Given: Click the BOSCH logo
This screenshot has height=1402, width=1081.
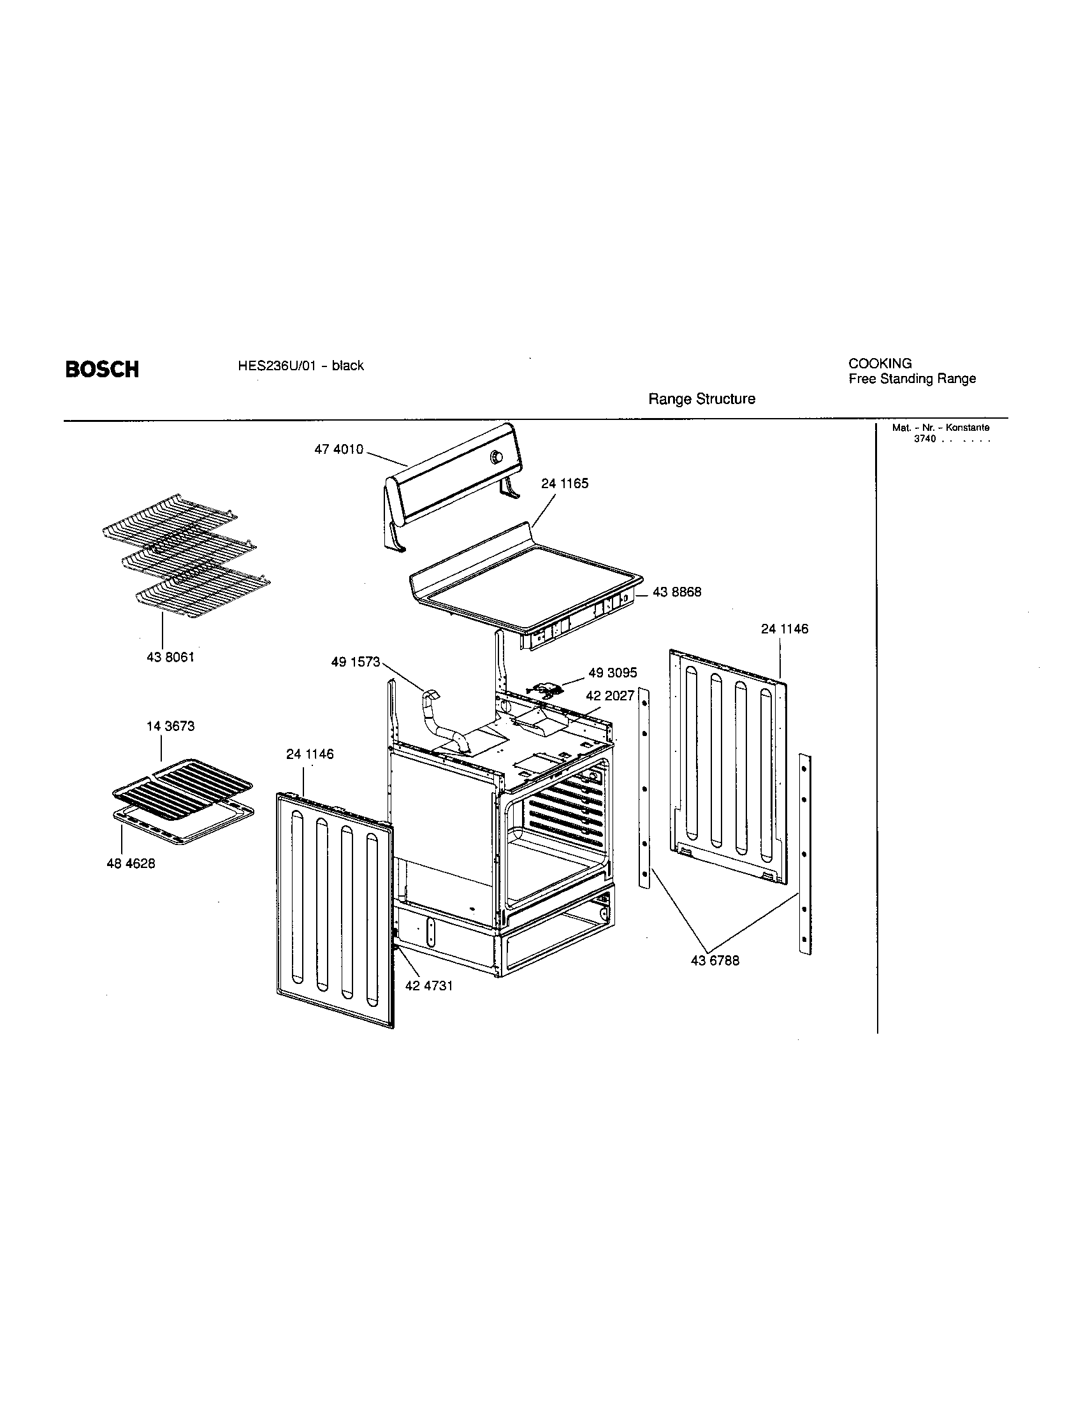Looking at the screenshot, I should pyautogui.click(x=102, y=369).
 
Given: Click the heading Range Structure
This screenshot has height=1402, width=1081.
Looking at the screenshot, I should pyautogui.click(x=702, y=399).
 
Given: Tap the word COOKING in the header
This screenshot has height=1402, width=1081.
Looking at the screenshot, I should pyautogui.click(x=880, y=363).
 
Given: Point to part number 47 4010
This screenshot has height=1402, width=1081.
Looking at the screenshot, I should pyautogui.click(x=338, y=449).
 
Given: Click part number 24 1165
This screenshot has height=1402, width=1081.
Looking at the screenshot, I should pyautogui.click(x=564, y=484).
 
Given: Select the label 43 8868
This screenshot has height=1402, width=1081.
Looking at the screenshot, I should pyautogui.click(x=677, y=592).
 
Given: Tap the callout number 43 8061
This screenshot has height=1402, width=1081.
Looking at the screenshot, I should pyautogui.click(x=170, y=658).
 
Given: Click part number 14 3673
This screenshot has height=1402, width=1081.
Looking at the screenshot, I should pyautogui.click(x=170, y=726).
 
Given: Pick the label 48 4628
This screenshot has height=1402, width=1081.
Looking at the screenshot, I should pyautogui.click(x=130, y=864).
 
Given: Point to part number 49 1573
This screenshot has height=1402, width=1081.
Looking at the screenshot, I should pyautogui.click(x=356, y=662).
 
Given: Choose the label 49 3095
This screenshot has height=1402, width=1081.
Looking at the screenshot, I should pyautogui.click(x=613, y=672).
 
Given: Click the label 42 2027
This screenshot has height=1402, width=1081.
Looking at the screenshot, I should pyautogui.click(x=609, y=695).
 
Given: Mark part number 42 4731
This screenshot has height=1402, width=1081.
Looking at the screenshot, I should pyautogui.click(x=429, y=985).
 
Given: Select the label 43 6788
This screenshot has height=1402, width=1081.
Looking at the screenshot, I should pyautogui.click(x=715, y=960).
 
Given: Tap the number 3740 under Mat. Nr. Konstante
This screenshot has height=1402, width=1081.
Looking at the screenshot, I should pyautogui.click(x=925, y=439).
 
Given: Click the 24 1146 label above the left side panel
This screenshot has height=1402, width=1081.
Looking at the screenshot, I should pyautogui.click(x=309, y=754).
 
